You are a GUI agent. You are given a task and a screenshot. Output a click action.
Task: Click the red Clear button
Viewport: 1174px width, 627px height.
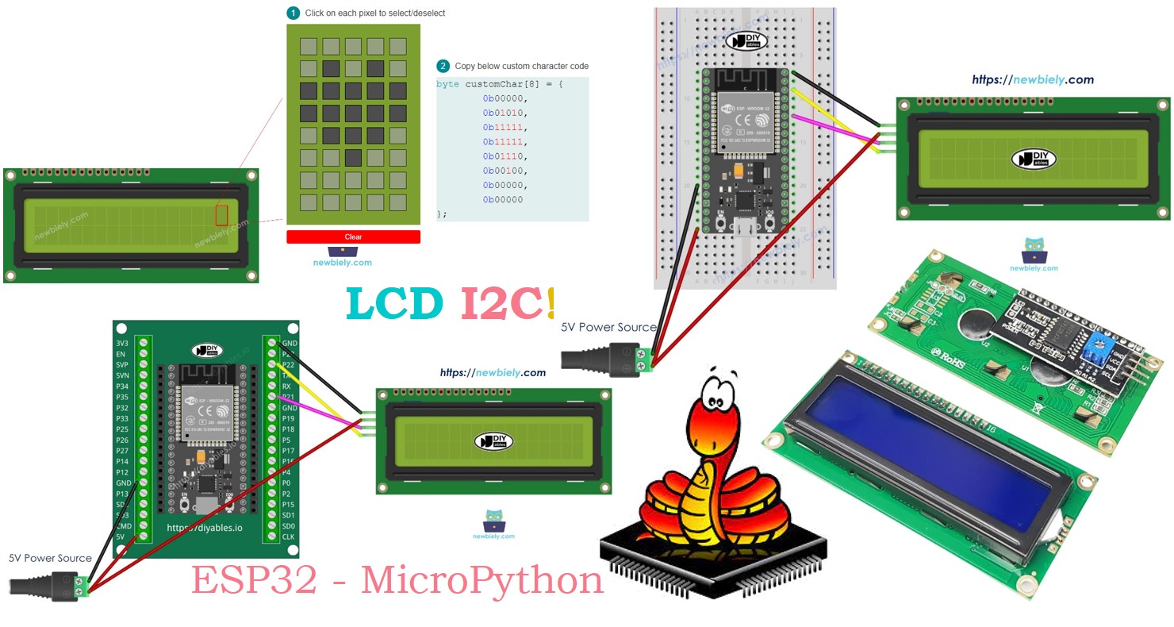tap(353, 237)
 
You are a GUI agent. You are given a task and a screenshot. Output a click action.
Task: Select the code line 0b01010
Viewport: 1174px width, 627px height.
tap(505, 113)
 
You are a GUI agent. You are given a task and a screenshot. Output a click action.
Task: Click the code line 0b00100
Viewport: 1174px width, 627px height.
tap(505, 171)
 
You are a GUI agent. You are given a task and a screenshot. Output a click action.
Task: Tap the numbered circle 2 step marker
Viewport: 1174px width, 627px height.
tap(443, 66)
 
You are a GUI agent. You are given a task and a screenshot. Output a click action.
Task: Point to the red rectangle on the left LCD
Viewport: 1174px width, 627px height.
tap(221, 215)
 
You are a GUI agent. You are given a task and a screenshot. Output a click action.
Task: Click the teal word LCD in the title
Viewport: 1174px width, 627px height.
tap(395, 304)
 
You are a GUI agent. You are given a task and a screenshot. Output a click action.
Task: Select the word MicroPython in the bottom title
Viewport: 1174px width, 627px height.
tap(481, 581)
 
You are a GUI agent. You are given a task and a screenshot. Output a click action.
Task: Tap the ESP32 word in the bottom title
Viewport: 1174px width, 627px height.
tap(254, 581)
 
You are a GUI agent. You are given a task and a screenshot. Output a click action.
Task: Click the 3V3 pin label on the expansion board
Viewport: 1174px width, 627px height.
tap(122, 343)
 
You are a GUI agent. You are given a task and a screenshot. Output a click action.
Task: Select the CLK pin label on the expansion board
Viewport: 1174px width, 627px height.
tap(288, 537)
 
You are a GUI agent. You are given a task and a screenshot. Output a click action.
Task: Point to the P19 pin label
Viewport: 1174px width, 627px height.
tap(288, 418)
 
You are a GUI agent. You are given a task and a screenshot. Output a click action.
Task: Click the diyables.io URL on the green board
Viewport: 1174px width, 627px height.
tap(205, 527)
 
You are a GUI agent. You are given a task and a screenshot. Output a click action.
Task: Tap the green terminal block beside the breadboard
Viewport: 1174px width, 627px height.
tap(644, 360)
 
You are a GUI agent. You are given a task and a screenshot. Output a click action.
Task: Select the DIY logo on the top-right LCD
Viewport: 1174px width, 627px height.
tap(1034, 159)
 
